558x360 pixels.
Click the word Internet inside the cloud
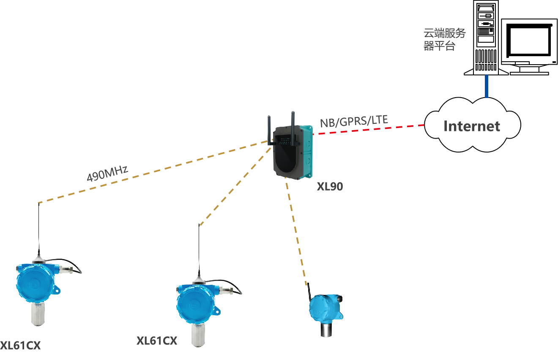pyautogui.click(x=472, y=126)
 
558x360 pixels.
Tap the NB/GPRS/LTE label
pyautogui.click(x=354, y=121)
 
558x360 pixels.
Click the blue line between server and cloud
pyautogui.click(x=487, y=86)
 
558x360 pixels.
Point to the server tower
pyautogui.click(x=486, y=38)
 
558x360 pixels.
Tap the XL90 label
pyautogui.click(x=330, y=186)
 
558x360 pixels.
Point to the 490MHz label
pyautogui.click(x=107, y=174)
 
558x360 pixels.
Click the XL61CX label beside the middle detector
pyautogui.click(x=156, y=341)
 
